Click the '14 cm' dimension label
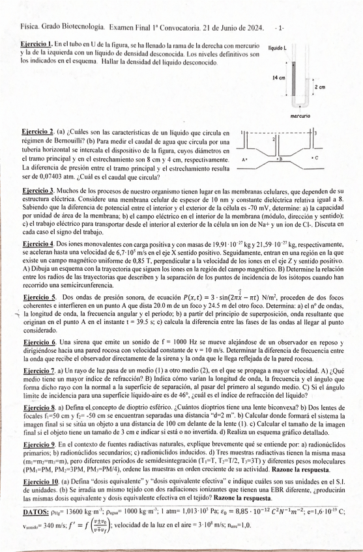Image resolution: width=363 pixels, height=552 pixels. pos(279,77)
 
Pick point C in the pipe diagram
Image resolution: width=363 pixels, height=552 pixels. pos(315,158)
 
